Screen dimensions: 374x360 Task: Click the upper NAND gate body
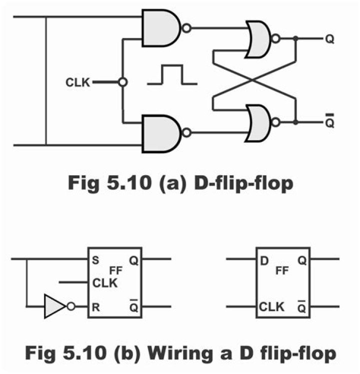pyautogui.click(x=160, y=28)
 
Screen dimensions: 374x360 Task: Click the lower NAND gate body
pyautogui.click(x=160, y=133)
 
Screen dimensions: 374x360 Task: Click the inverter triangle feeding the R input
pyautogui.click(x=54, y=307)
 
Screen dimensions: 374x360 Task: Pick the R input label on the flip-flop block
pyautogui.click(x=95, y=307)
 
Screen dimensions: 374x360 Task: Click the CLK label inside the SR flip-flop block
pyautogui.click(x=105, y=283)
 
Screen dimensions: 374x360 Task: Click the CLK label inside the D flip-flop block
pyautogui.click(x=272, y=306)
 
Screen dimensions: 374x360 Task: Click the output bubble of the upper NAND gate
pyautogui.click(x=186, y=28)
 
